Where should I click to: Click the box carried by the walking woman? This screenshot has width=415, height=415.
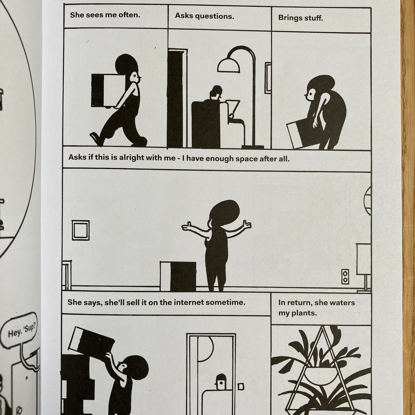108,90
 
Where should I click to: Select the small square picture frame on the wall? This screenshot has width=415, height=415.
80,230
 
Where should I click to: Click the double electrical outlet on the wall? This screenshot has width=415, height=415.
345,277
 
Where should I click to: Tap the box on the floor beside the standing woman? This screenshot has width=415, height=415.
178,277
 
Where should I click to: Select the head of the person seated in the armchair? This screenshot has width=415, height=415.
216,93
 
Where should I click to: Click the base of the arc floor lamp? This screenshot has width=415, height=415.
253,147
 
